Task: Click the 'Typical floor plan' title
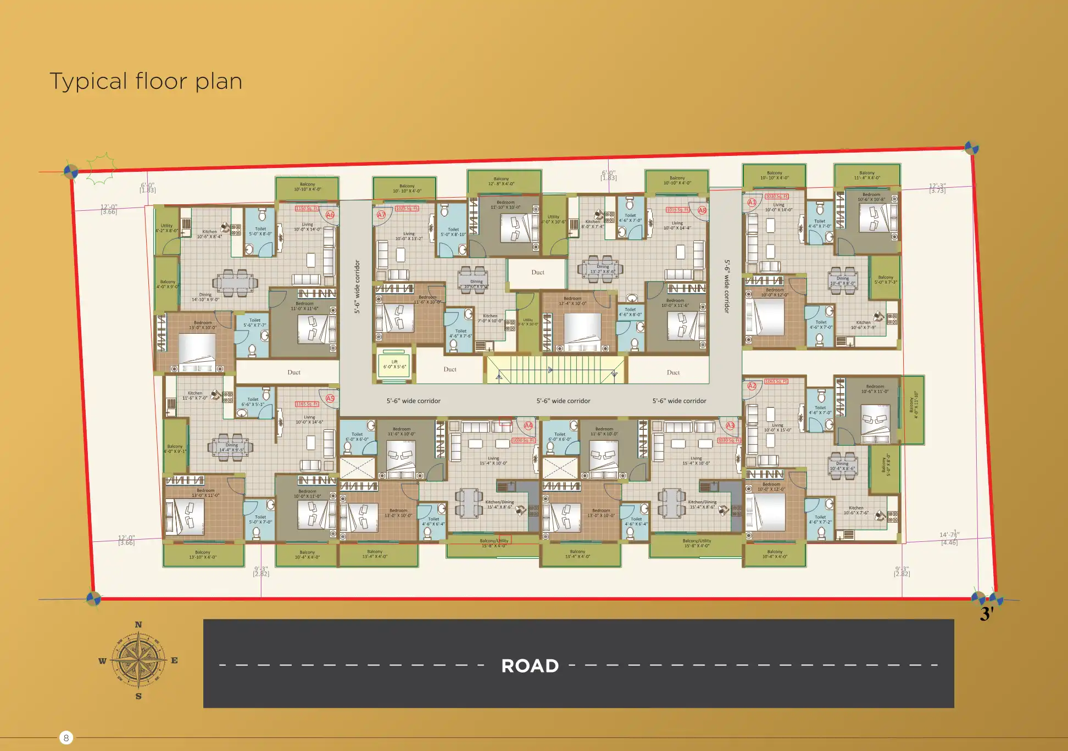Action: pos(146,81)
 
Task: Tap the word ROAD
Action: pos(530,665)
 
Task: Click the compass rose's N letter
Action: pos(138,625)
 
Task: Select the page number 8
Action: pos(66,737)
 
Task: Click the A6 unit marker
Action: pos(330,215)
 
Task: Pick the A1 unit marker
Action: pos(752,202)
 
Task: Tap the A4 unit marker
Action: pos(529,425)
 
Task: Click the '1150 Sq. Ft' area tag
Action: pos(307,209)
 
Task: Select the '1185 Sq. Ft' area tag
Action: pos(307,404)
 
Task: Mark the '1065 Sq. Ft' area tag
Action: pos(776,381)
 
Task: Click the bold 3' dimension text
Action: pos(987,614)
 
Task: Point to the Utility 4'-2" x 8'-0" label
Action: pos(166,228)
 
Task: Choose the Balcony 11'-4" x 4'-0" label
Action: pos(867,175)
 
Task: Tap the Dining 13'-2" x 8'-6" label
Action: pos(603,269)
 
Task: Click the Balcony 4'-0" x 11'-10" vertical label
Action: pos(913,405)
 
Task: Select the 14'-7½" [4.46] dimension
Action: pos(949,538)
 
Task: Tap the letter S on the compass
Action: pos(138,696)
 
